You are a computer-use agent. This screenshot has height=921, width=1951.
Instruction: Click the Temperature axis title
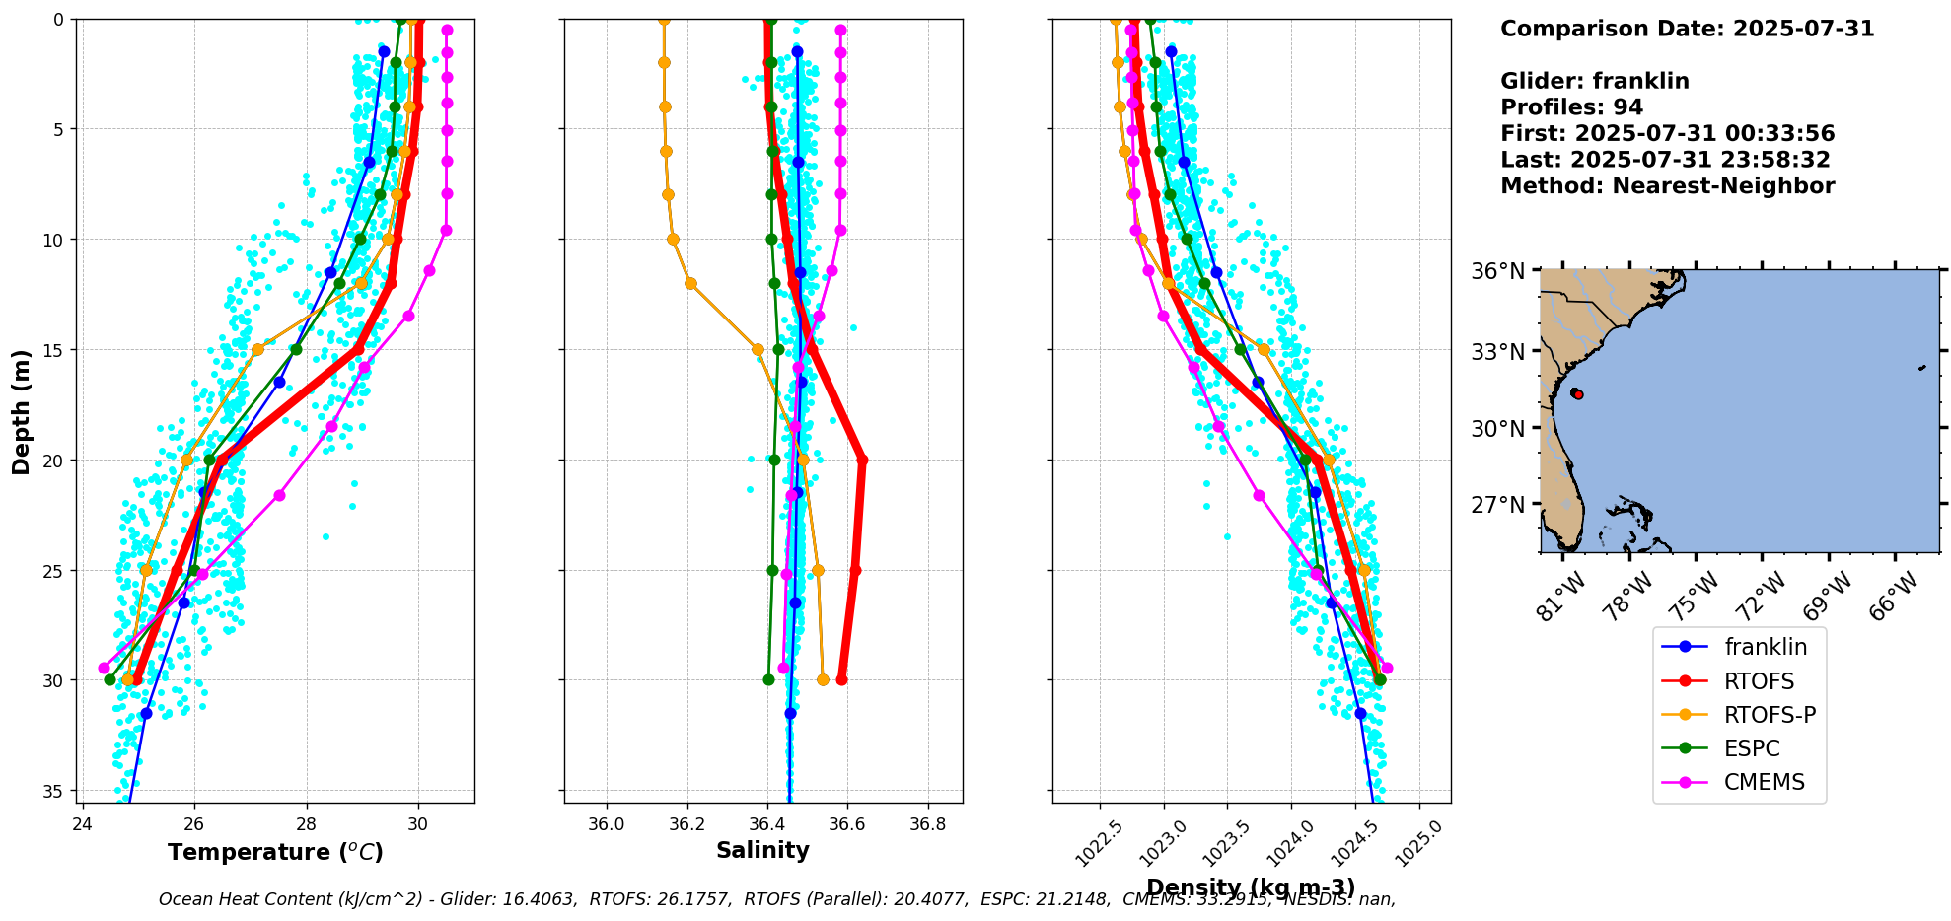pos(275,852)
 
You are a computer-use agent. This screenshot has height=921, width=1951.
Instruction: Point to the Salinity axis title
pos(762,850)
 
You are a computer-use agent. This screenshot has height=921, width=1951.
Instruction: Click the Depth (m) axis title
pos(22,411)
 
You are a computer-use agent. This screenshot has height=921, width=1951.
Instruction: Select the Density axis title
pos(1251,887)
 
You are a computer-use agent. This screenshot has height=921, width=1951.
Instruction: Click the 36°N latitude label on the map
pos(1498,271)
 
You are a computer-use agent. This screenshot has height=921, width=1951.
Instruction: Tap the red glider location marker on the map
pos(1577,393)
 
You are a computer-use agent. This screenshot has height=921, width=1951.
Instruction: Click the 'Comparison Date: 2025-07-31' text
pos(1687,29)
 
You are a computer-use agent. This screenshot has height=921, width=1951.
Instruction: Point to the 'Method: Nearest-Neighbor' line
pos(1667,186)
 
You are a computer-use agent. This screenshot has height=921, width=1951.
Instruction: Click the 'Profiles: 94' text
pos(1571,107)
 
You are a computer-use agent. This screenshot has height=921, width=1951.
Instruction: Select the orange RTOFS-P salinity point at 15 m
pos(758,349)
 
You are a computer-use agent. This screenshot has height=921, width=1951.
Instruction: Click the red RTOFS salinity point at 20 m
pos(862,460)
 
